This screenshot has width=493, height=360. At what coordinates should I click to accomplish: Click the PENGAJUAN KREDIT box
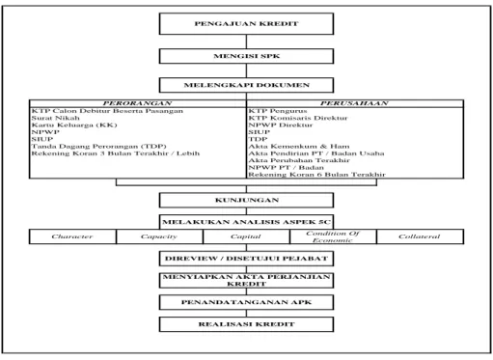coord(246,24)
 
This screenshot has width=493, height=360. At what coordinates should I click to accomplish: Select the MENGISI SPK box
coord(246,56)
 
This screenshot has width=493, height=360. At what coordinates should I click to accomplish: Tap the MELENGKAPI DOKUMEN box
coord(246,85)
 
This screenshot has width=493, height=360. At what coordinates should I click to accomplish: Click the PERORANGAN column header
coord(138,103)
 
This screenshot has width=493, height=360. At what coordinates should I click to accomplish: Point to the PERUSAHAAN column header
coord(355,103)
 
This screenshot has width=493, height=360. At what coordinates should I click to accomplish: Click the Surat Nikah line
coord(55,118)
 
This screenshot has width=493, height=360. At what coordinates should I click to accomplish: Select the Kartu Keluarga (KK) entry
coord(74,125)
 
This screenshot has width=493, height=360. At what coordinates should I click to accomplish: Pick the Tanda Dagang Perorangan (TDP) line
coord(98,147)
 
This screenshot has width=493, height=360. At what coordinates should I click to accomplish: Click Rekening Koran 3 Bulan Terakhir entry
coord(116,153)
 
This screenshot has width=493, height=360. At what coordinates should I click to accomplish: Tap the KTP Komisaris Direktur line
coord(298,118)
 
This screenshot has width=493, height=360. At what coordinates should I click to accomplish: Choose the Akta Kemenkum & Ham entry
coord(299,147)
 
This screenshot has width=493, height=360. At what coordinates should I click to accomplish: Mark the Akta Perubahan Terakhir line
coord(299,160)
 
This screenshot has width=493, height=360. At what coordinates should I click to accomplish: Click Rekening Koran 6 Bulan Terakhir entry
coord(316,175)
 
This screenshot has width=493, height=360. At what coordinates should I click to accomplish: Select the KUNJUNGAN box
coord(246,200)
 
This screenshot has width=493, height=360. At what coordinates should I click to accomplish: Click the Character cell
coord(72,236)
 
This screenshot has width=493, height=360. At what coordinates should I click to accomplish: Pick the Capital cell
coord(246,236)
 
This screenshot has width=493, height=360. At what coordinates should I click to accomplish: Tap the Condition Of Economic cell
coord(333,236)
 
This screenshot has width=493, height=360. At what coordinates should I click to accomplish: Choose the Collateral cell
coord(420,236)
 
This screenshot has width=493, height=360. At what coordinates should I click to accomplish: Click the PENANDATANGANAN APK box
coord(246,302)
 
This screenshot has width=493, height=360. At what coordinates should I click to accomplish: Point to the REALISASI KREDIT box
coord(246,324)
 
